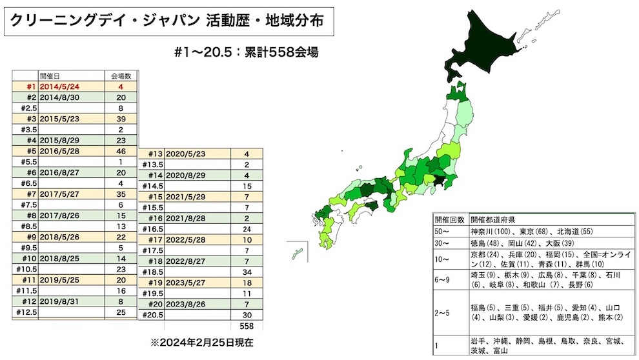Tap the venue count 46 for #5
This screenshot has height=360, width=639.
click(119, 150)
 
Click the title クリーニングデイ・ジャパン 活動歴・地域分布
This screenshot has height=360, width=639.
click(169, 21)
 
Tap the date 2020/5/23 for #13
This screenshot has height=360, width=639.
click(185, 154)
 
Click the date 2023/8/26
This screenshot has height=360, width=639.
click(185, 303)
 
